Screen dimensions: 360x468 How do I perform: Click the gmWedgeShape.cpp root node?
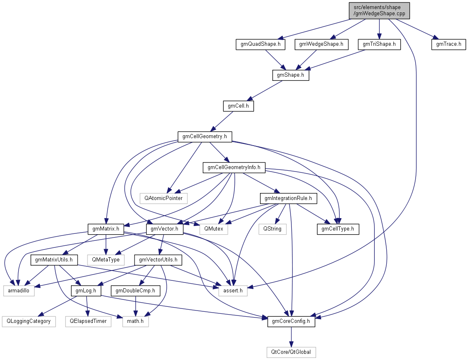[x=379, y=10]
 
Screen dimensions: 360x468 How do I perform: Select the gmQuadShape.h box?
[x=260, y=44]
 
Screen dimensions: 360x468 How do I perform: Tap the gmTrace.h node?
[x=449, y=44]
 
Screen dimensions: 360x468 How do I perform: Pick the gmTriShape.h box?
[x=379, y=44]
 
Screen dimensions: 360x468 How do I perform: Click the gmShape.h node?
[x=291, y=75]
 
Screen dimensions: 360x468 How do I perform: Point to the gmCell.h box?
[x=238, y=106]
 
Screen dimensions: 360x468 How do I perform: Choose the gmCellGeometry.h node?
[x=205, y=136]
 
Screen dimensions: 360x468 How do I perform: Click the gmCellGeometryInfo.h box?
[x=234, y=167]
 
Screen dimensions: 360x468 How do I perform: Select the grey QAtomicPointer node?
[x=163, y=198]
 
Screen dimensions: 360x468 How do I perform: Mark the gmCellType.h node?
[x=338, y=229]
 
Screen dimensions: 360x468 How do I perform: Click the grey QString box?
[x=272, y=229]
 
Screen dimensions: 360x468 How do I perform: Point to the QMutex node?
[x=213, y=229]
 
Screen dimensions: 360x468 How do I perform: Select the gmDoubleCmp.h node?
[x=135, y=291]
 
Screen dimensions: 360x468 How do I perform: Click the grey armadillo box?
[x=19, y=291]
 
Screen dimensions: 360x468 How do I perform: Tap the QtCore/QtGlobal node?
[x=291, y=352]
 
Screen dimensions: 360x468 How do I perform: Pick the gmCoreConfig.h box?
[x=291, y=322]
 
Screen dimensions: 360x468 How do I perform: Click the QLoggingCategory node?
[x=28, y=322]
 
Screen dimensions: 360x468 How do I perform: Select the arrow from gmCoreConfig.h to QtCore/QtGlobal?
[x=291, y=337]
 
